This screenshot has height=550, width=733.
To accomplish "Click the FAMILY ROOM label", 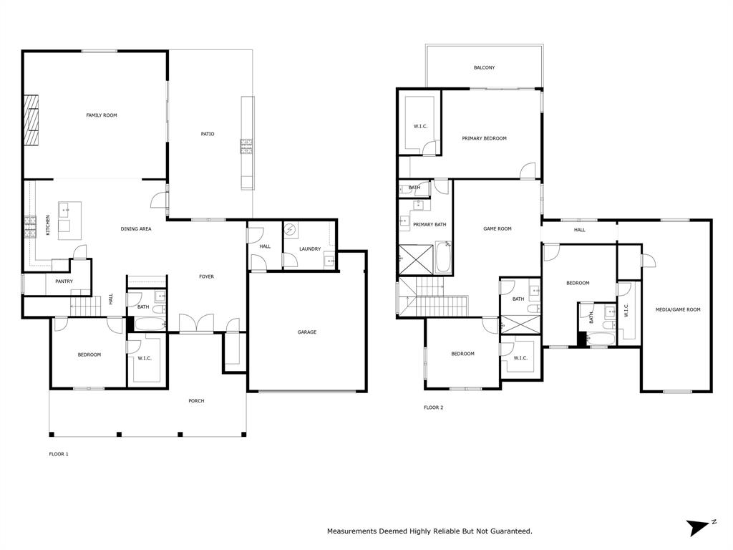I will click(102, 115).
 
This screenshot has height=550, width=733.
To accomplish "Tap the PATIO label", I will click(208, 134).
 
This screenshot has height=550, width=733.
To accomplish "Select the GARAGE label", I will click(307, 332).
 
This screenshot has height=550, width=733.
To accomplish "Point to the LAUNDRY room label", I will click(310, 249).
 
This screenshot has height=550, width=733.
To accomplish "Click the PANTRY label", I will click(64, 281).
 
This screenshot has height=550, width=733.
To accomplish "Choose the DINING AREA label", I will click(135, 229).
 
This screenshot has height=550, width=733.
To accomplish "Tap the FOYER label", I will click(206, 276).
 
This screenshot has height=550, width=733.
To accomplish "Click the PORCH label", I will click(196, 401).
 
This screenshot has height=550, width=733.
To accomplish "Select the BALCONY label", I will click(484, 68).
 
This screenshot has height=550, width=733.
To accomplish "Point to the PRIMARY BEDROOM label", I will click(484, 138).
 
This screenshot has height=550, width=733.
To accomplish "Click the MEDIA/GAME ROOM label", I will click(678, 309).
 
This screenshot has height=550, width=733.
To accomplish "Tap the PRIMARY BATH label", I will click(429, 225).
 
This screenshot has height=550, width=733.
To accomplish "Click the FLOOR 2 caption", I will click(433, 407).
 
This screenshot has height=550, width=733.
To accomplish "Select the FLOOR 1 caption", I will click(59, 453).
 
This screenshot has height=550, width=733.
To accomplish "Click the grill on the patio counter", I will click(246, 147).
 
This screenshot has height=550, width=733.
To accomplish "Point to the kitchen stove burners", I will click(31, 226).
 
